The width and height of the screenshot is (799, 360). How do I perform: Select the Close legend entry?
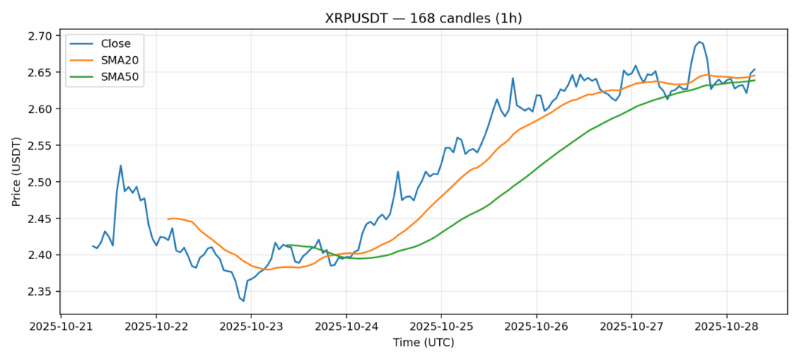point(115,43)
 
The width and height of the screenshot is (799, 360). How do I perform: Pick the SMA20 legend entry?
point(119,60)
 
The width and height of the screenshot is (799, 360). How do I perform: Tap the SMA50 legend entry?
point(119,76)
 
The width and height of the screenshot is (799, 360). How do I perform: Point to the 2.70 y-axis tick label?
point(37,36)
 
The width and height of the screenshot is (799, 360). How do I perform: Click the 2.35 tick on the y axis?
point(37,292)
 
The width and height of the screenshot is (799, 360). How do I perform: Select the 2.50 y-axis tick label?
point(37,182)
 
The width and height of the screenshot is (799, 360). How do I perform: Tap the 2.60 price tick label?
point(37,109)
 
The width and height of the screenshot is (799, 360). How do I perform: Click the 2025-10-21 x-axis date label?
point(61,327)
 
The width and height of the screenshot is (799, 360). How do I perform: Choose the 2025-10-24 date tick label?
point(346,327)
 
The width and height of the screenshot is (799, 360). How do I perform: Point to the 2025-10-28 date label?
point(726,327)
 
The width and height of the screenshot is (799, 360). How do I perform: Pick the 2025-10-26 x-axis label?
point(536,327)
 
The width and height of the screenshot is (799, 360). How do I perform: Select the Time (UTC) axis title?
point(423,343)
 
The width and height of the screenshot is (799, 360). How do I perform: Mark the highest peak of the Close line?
point(699,42)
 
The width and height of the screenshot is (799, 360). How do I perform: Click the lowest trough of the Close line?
point(243,301)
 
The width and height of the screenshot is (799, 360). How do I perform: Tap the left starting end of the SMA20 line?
point(168,219)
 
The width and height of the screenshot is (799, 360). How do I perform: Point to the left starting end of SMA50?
point(287,245)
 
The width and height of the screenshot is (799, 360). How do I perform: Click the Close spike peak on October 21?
point(120,165)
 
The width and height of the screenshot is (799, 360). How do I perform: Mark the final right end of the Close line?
point(754,70)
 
